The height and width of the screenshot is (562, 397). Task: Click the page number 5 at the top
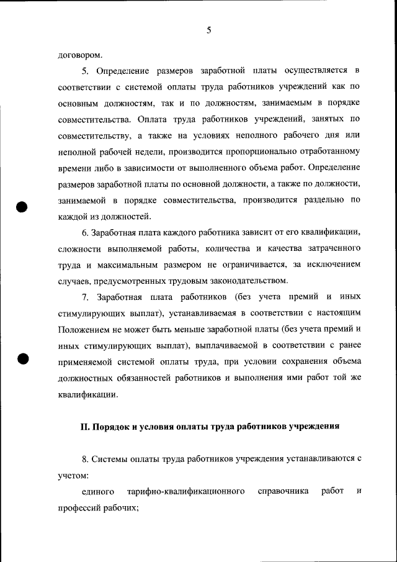(x=208, y=29)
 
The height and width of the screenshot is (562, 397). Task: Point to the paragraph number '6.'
(x=86, y=232)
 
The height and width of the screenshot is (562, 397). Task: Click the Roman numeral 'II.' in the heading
(x=86, y=427)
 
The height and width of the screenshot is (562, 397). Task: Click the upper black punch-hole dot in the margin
(x=23, y=207)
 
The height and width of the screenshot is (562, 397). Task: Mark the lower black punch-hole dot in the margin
(x=23, y=358)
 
